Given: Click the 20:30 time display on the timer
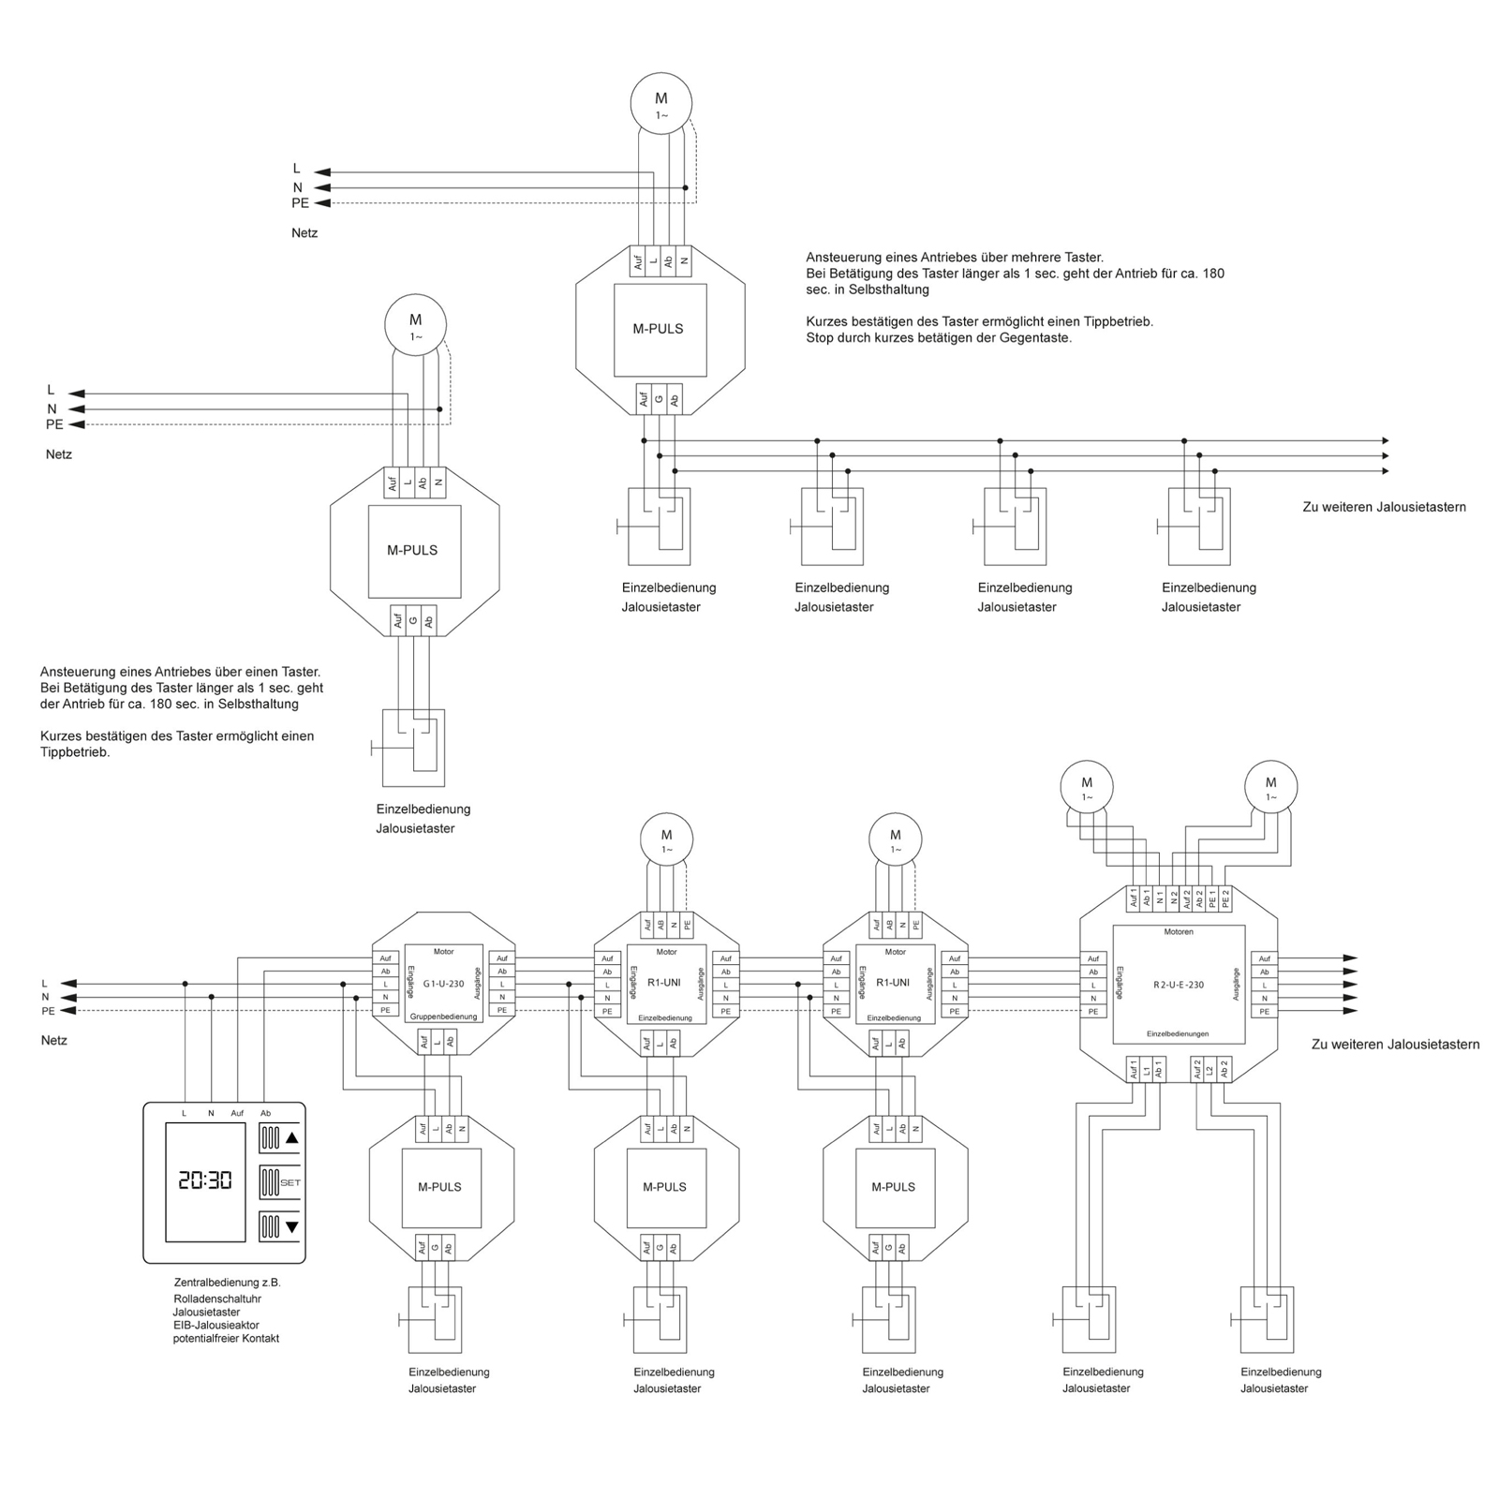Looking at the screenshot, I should tap(205, 1180).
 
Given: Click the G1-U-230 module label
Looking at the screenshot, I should tap(443, 984).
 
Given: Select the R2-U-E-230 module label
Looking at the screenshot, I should tap(1179, 986).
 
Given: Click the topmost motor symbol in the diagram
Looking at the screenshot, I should tap(661, 101).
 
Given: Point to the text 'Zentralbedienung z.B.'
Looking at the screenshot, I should tap(227, 1283).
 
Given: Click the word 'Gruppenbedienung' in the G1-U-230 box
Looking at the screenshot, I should tap(443, 1017).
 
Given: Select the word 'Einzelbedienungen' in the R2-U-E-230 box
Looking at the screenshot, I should tap(1178, 1034).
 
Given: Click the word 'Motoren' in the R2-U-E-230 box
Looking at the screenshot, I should tap(1179, 932).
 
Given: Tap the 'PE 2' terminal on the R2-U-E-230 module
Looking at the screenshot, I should tap(1224, 899).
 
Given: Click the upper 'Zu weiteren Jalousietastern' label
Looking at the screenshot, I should tap(1384, 507).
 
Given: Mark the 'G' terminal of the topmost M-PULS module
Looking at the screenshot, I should tap(659, 399).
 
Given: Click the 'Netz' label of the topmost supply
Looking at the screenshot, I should tap(304, 232).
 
